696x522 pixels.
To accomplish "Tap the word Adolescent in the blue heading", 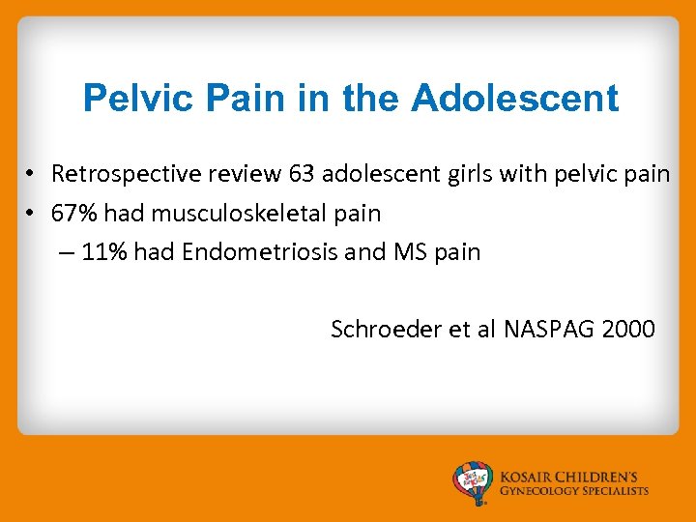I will pyautogui.click(x=515, y=99).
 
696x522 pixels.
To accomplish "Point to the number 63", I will pyautogui.click(x=302, y=174).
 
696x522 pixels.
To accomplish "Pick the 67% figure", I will pyautogui.click(x=72, y=213).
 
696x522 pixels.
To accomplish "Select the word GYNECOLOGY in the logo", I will pyautogui.click(x=537, y=491).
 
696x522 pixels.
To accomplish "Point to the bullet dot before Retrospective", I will pyautogui.click(x=32, y=175).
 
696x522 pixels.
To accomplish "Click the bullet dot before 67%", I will pyautogui.click(x=32, y=214).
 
